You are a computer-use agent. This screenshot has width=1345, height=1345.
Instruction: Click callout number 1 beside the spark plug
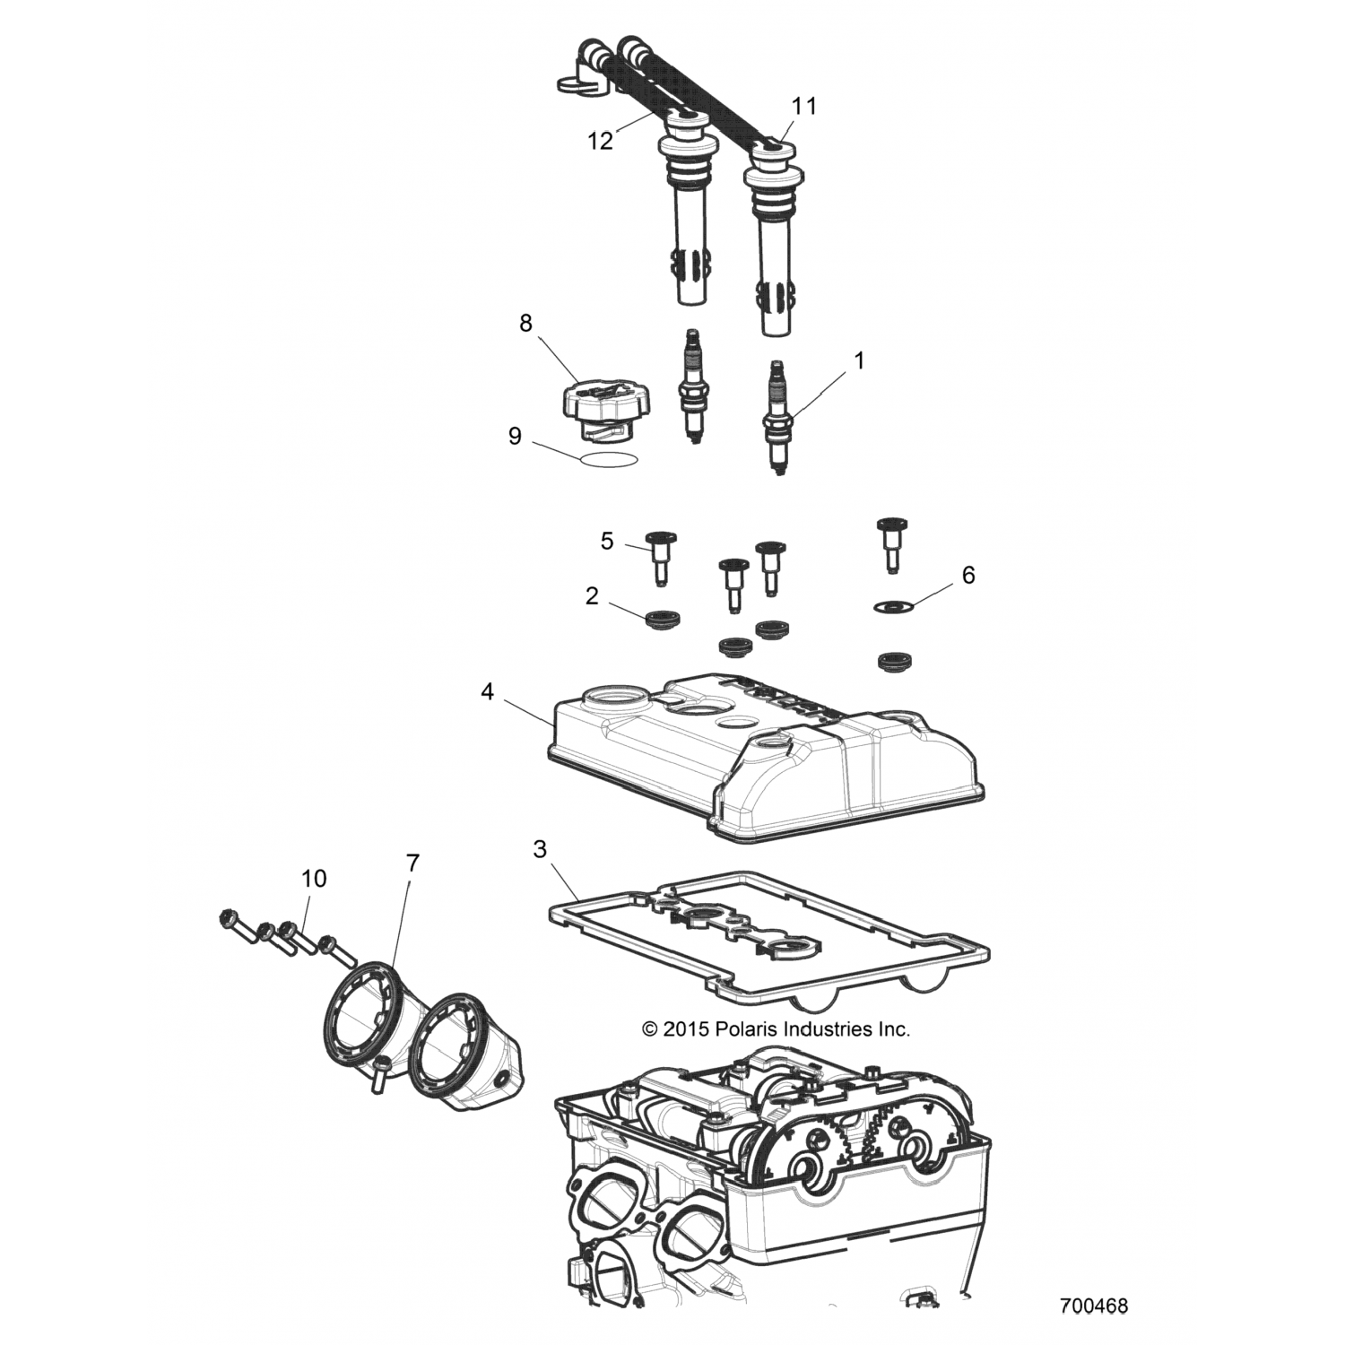pyautogui.click(x=859, y=361)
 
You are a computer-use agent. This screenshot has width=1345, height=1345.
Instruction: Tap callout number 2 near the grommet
pyautogui.click(x=592, y=596)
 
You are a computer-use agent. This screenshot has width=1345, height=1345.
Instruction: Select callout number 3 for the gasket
pyautogui.click(x=540, y=849)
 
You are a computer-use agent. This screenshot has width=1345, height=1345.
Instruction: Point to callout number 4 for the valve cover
pyautogui.click(x=487, y=692)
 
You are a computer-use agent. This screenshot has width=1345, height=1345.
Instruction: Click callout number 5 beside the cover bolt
pyautogui.click(x=607, y=542)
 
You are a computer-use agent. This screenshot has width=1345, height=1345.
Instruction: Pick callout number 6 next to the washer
pyautogui.click(x=968, y=575)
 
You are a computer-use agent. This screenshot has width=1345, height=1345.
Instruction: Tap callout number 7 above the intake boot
pyautogui.click(x=412, y=863)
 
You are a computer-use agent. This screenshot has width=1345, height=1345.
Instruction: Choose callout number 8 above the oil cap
pyautogui.click(x=525, y=323)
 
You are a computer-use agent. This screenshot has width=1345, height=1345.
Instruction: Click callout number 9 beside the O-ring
pyautogui.click(x=515, y=437)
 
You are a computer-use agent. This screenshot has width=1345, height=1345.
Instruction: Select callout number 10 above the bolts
pyautogui.click(x=314, y=878)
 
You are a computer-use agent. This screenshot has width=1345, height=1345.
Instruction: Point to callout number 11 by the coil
pyautogui.click(x=804, y=106)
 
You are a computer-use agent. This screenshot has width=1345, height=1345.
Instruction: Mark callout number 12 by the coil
pyautogui.click(x=601, y=141)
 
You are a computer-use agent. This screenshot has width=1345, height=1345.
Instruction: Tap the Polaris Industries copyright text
pyautogui.click(x=777, y=1029)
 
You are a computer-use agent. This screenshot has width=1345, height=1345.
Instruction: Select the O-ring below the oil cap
pyautogui.click(x=610, y=458)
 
